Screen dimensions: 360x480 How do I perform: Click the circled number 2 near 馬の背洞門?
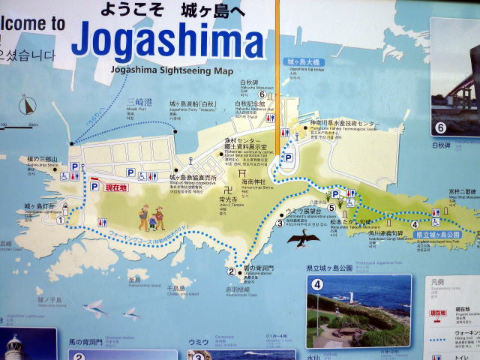pos(231,271)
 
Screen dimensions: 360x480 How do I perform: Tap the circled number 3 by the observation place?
pos(280,222)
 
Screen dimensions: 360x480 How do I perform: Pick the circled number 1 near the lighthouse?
pos(61,220)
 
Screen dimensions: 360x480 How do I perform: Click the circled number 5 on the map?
pos(331,207)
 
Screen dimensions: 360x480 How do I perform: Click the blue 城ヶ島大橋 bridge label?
pos(303,61)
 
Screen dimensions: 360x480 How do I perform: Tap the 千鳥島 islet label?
pos(176,288)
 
